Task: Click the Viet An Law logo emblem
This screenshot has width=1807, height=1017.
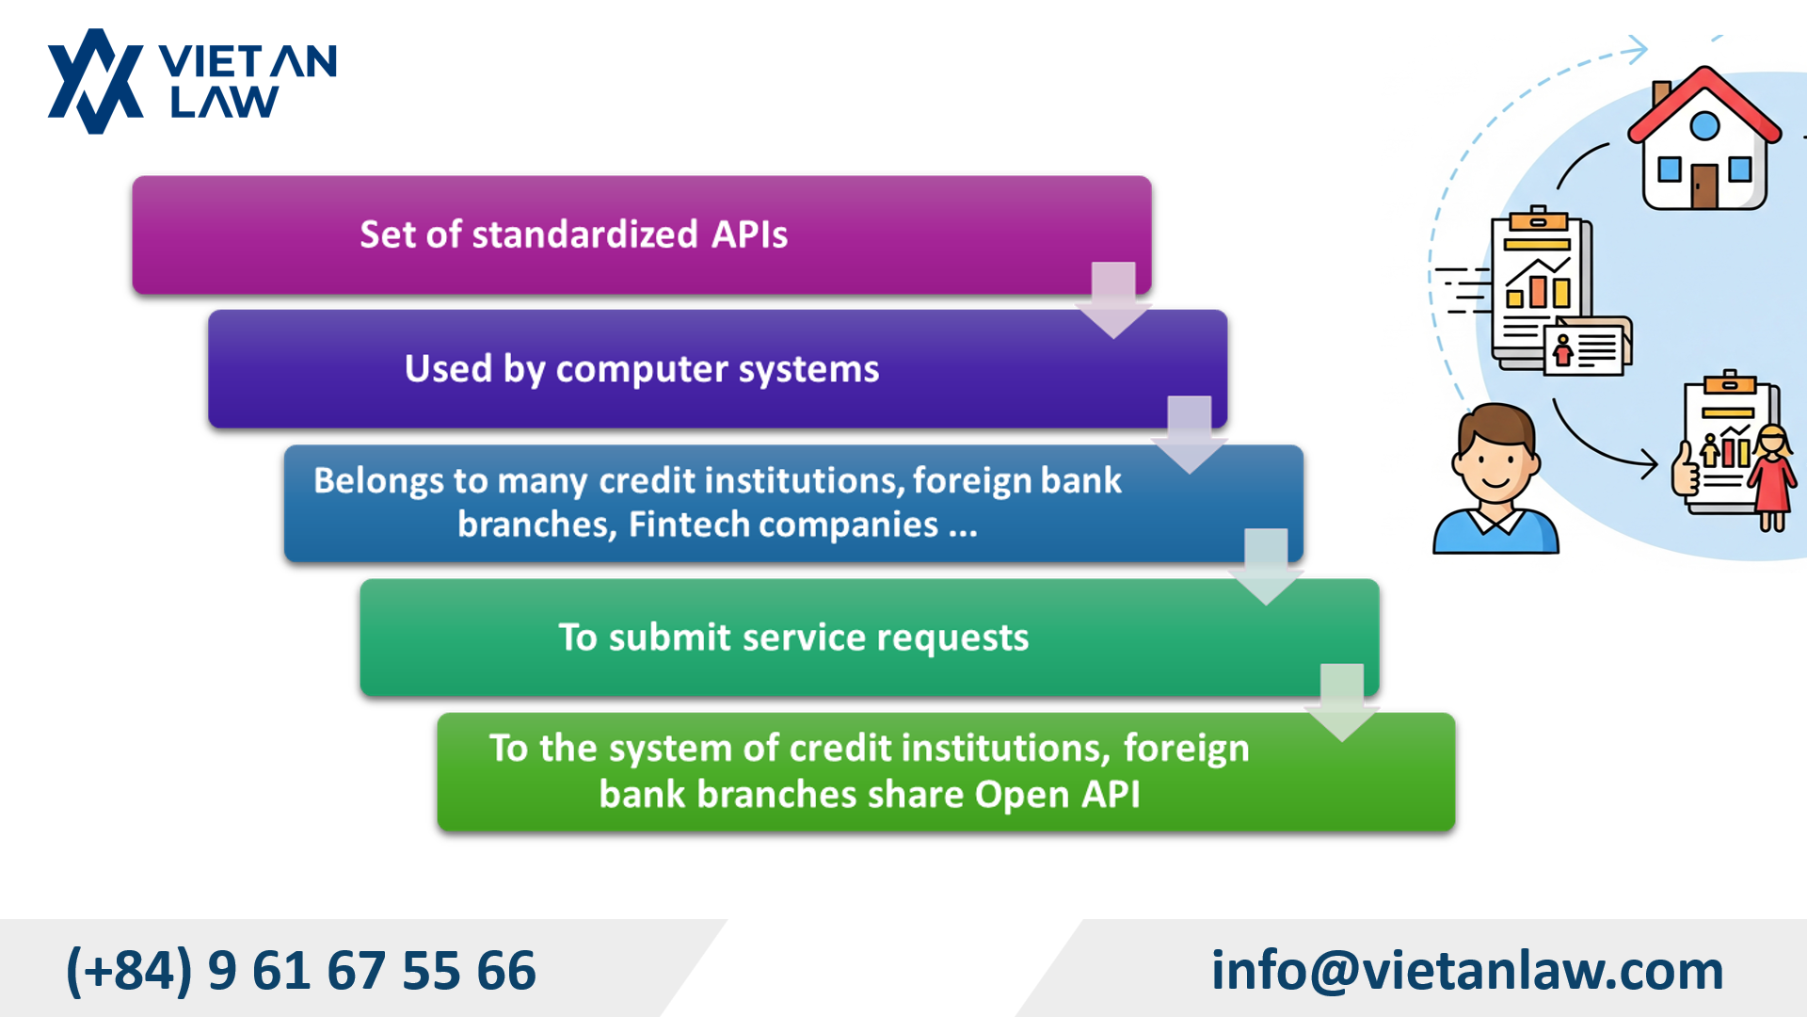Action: (95, 81)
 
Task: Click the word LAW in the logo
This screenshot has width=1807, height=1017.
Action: (224, 102)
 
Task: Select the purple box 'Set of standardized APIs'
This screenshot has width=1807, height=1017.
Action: (642, 235)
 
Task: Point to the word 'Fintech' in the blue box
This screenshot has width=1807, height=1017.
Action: (688, 524)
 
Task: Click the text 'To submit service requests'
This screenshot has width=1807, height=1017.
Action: (793, 638)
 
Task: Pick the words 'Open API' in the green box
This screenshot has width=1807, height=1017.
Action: (1057, 794)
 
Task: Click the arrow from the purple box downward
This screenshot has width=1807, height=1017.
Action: (1113, 299)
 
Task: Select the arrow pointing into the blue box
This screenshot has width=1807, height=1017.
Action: (1190, 434)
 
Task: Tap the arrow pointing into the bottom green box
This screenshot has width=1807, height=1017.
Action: (1342, 702)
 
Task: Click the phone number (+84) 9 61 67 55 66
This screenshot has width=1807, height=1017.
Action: (301, 971)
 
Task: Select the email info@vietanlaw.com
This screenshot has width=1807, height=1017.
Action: (1467, 970)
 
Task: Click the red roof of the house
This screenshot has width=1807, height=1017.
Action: (1704, 104)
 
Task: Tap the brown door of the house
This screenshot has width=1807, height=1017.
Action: (1704, 186)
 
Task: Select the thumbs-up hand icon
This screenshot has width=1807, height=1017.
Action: (1686, 468)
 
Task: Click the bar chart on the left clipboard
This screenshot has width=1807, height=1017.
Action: (1538, 283)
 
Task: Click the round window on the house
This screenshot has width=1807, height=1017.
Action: (1704, 125)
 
